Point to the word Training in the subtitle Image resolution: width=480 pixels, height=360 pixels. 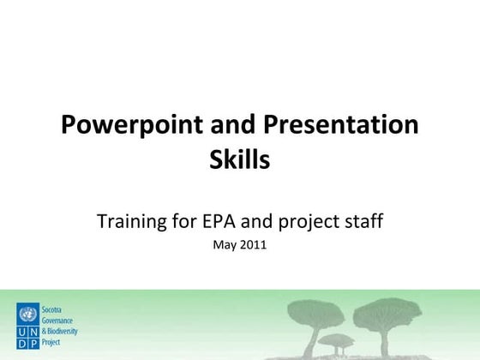pyautogui.click(x=133, y=222)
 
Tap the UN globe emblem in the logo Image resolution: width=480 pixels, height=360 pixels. pyautogui.click(x=27, y=312)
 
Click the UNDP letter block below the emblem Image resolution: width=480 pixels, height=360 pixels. pyautogui.click(x=27, y=336)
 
